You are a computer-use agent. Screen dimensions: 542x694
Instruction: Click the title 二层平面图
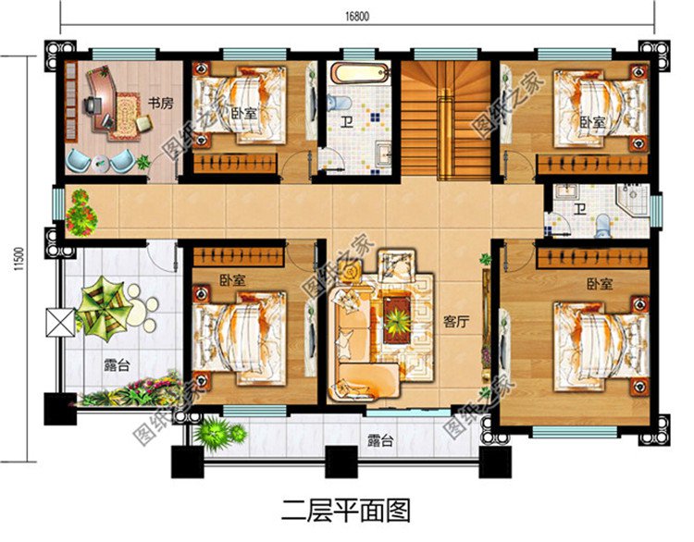345,509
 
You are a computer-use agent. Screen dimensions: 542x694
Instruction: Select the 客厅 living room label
454,322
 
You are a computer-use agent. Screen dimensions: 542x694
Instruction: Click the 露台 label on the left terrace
117,365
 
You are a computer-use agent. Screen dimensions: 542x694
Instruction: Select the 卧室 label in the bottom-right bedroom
600,286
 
